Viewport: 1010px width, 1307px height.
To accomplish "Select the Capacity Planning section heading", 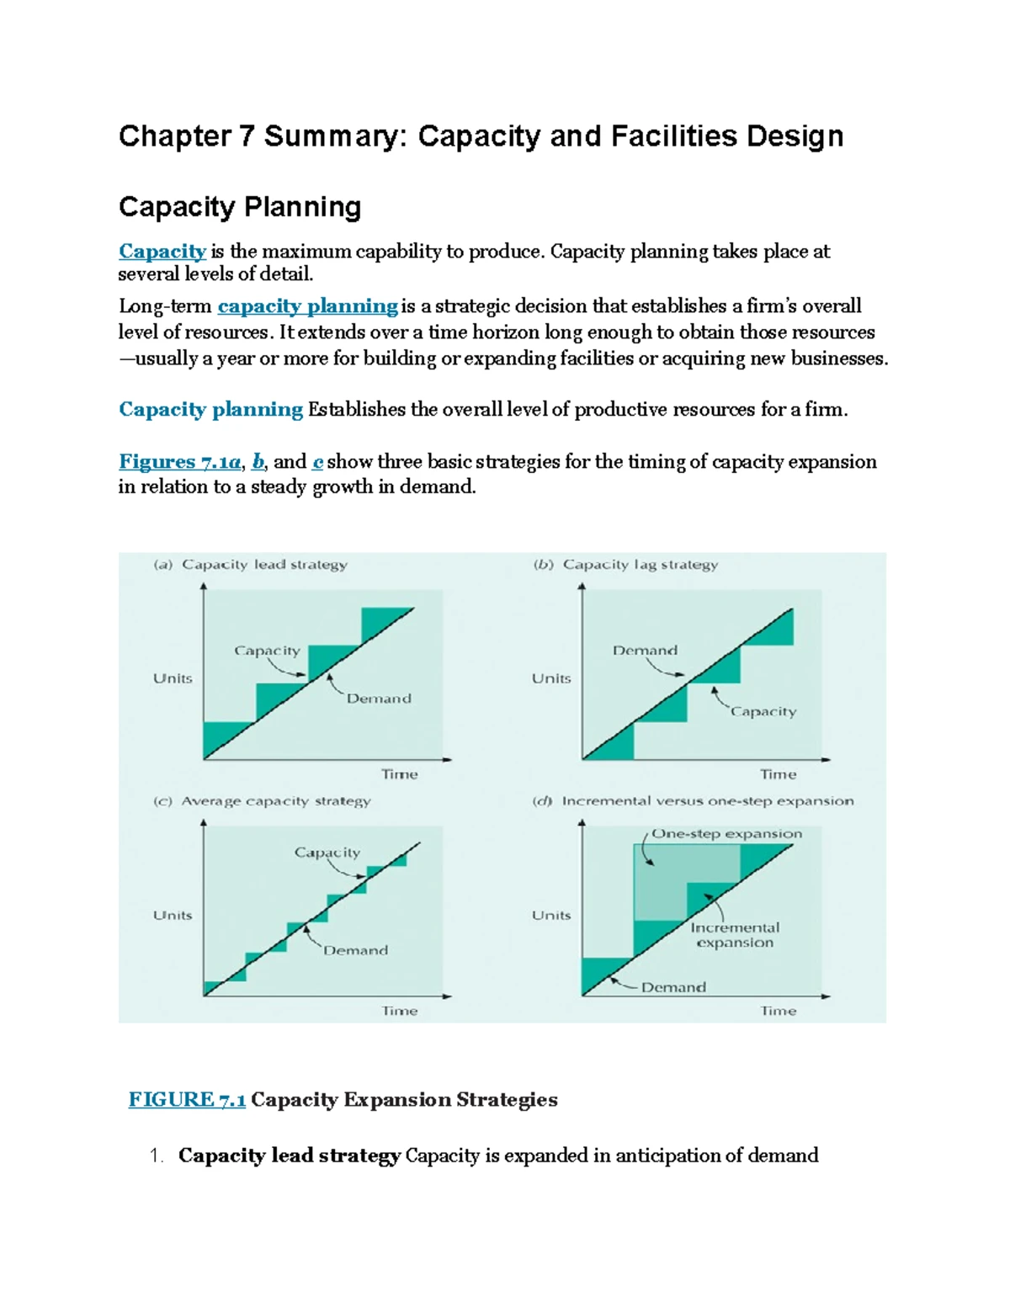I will tap(240, 207).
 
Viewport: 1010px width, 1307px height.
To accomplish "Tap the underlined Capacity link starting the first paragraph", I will tap(162, 251).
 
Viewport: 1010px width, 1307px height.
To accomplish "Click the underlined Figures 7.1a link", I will tap(180, 461).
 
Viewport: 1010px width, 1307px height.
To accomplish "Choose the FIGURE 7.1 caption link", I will tap(187, 1099).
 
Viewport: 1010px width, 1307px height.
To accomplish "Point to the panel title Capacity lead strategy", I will tap(263, 565).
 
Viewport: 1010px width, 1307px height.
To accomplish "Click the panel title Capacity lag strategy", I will tap(640, 565).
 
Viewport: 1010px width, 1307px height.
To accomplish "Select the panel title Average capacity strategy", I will tap(275, 801).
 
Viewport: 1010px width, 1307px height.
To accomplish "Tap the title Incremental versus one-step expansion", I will tap(707, 801).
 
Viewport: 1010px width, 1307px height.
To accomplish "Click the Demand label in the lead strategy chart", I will tap(379, 699).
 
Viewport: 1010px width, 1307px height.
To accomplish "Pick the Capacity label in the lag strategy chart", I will tap(763, 712).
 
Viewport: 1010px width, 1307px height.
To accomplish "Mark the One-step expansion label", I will tap(727, 834).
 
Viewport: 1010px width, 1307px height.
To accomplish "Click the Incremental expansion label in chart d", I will tap(735, 935).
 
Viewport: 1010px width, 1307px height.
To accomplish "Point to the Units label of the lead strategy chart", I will tap(173, 678).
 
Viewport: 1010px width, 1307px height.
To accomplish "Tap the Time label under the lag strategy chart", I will tap(778, 774).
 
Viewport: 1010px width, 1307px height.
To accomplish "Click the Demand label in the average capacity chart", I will tap(355, 950).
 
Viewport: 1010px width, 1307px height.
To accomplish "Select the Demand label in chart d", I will tap(673, 987).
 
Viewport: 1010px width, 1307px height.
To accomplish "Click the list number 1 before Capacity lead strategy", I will tap(155, 1156).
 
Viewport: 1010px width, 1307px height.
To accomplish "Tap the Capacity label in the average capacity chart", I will tap(327, 853).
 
